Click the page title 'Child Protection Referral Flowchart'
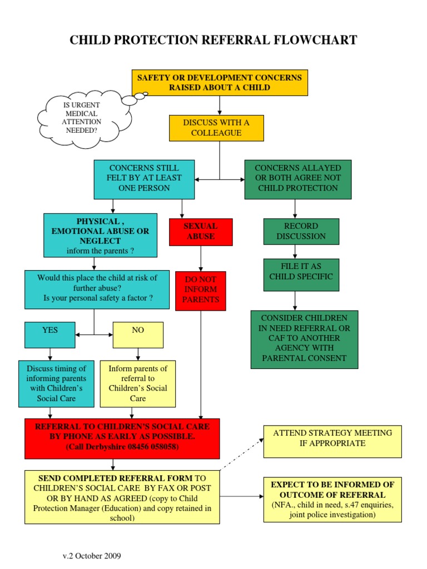coord(213,40)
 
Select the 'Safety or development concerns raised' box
coord(220,82)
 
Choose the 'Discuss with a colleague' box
coord(216,128)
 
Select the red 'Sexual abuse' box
coord(201,232)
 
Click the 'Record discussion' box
coord(301,231)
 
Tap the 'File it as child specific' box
coord(301,274)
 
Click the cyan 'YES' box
coord(50,335)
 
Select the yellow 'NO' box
coord(138,335)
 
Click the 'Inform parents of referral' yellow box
coord(137,383)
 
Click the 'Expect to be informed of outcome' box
coord(332,499)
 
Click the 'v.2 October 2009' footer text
coord(92,556)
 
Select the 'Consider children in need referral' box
coord(304,339)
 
